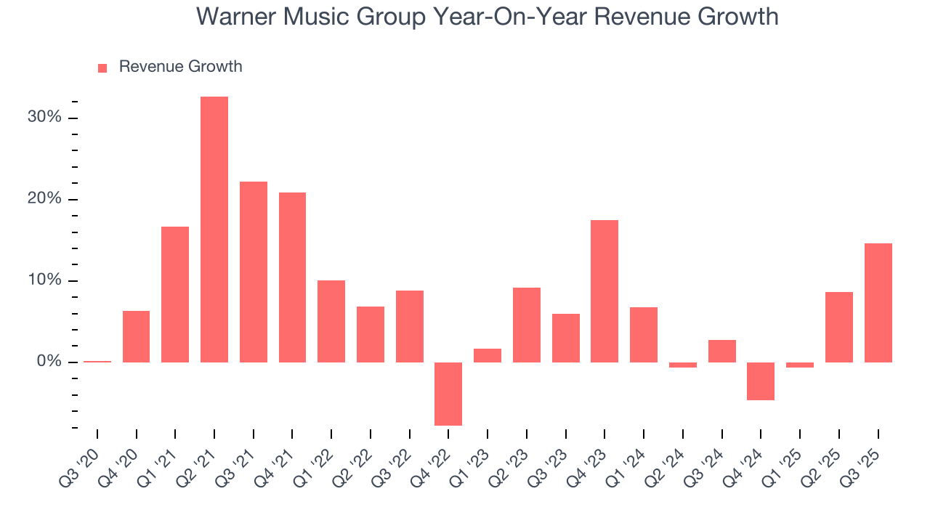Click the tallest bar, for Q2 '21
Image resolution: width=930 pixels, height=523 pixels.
214,229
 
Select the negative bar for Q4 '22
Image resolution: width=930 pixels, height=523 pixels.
448,394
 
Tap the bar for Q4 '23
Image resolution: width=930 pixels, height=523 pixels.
604,291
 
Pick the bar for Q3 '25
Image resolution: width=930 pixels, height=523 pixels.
878,302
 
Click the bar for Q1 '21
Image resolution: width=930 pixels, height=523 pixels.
175,294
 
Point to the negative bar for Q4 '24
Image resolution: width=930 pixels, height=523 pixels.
761,381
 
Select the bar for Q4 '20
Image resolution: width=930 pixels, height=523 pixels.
136,336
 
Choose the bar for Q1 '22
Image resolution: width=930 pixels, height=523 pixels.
331,321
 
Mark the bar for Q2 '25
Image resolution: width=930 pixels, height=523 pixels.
838,327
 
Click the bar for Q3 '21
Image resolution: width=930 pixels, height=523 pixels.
254,272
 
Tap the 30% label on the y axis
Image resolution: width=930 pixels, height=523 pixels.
44,118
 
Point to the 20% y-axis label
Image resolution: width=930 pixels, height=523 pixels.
44,199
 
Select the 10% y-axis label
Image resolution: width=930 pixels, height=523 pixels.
44,280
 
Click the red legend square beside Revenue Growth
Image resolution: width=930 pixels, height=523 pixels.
102,68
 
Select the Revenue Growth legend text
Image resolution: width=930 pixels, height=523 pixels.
180,67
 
